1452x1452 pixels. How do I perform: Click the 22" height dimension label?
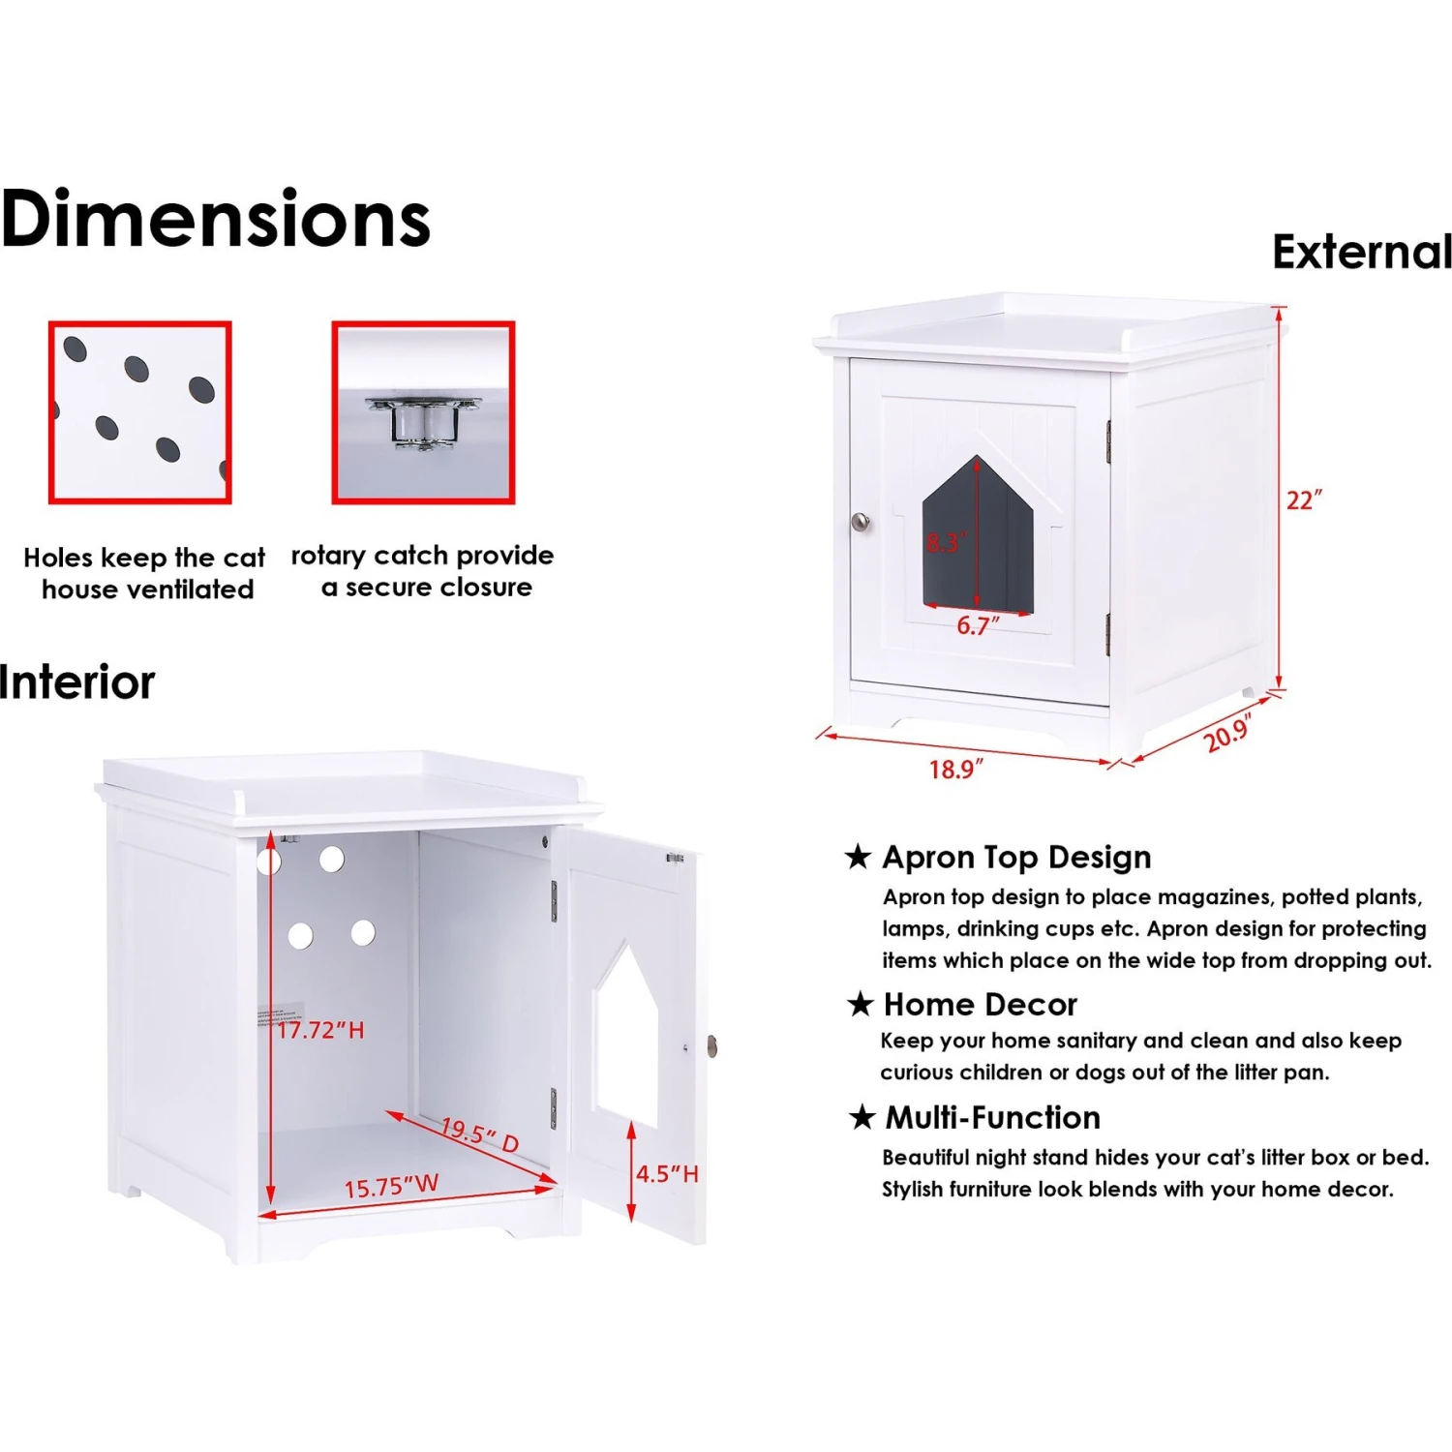click(1304, 500)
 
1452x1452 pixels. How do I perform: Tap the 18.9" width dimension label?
click(955, 770)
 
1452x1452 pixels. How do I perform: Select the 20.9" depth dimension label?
click(1228, 734)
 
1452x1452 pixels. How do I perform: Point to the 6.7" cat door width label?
click(978, 626)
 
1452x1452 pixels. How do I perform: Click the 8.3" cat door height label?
click(946, 542)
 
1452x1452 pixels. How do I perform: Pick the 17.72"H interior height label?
click(320, 1030)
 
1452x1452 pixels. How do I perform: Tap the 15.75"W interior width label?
click(391, 1186)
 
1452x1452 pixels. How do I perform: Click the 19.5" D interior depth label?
click(480, 1135)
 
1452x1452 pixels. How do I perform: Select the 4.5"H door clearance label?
click(667, 1174)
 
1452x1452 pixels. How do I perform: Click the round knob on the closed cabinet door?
click(861, 523)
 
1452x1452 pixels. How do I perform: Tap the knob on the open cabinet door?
click(712, 1045)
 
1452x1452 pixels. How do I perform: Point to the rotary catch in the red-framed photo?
click(423, 423)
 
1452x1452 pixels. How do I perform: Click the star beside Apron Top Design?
click(858, 857)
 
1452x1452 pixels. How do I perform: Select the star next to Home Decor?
click(860, 1004)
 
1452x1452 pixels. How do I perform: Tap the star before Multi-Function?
click(862, 1118)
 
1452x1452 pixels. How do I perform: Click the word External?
click(1362, 252)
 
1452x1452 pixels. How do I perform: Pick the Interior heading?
click(77, 682)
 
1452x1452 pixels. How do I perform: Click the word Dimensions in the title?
click(216, 219)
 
